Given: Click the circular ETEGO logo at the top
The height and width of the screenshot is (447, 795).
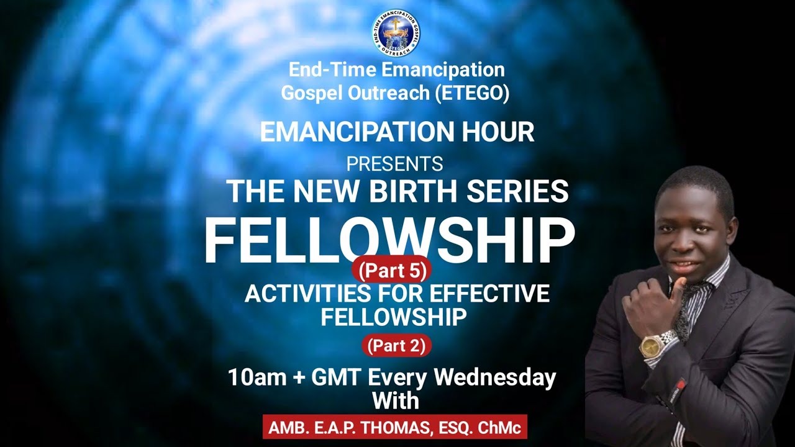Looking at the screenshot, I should pyautogui.click(x=396, y=33).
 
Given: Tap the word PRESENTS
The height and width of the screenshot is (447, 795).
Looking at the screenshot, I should pyautogui.click(x=394, y=164).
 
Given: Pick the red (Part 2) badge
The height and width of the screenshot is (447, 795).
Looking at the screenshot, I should pyautogui.click(x=396, y=346).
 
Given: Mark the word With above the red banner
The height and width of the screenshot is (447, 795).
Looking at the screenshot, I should pyautogui.click(x=396, y=400).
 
